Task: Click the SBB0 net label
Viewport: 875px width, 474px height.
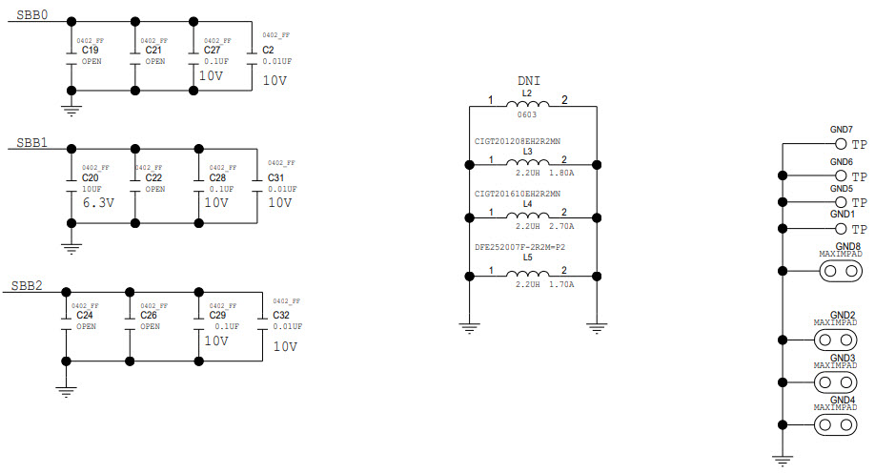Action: (x=32, y=16)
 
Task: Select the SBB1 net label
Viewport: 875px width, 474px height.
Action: (x=32, y=143)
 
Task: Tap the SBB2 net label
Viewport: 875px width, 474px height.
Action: (x=27, y=284)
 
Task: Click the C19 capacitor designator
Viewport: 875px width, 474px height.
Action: (x=91, y=49)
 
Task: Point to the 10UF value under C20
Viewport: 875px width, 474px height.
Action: (x=91, y=188)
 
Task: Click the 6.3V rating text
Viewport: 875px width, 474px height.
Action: (x=98, y=202)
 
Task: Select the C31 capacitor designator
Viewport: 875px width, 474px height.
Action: (x=276, y=177)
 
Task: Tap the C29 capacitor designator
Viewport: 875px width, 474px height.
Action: (x=215, y=315)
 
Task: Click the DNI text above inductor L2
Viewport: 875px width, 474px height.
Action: (x=528, y=82)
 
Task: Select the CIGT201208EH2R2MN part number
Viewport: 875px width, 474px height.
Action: (x=518, y=142)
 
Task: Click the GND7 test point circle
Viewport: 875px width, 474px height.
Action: (x=841, y=144)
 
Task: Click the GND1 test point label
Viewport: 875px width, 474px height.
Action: (x=841, y=215)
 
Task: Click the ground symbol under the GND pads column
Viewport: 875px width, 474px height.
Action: (x=783, y=462)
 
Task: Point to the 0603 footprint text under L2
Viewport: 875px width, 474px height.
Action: (x=527, y=114)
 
